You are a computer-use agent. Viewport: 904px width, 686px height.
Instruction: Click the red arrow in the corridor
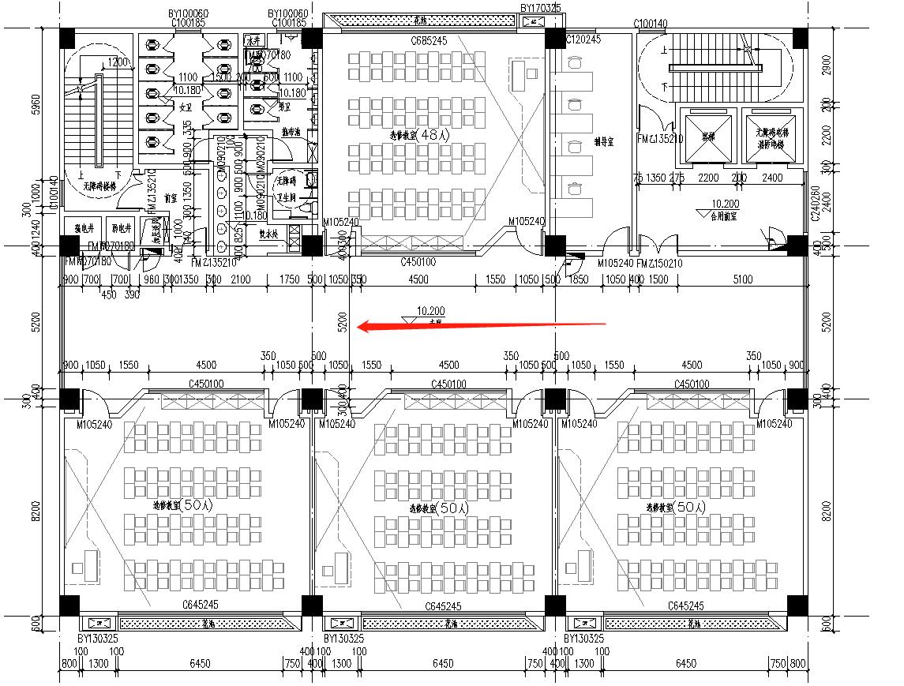482,325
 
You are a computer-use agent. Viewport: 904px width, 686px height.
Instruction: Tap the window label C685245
429,40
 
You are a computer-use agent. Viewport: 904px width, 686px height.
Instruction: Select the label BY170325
540,9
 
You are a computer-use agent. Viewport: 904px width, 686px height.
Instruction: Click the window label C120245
583,39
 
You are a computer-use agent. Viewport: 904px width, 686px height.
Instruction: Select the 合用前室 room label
722,214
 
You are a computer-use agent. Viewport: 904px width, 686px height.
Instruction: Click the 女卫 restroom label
186,106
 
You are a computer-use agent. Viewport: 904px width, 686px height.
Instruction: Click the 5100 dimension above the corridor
743,279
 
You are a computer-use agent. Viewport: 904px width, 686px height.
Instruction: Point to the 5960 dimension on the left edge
33,106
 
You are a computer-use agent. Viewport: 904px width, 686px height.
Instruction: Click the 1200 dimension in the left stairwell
118,62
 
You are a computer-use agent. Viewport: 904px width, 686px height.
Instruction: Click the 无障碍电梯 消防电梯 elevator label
771,140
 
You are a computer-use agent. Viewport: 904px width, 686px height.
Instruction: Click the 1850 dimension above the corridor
579,279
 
